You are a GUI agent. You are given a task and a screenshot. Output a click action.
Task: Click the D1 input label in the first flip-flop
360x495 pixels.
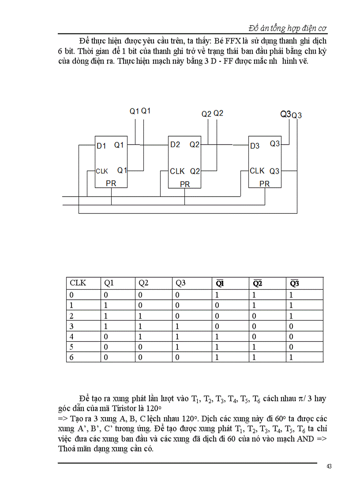coord(101,146)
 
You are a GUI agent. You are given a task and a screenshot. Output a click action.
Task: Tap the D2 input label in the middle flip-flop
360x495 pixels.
coord(175,145)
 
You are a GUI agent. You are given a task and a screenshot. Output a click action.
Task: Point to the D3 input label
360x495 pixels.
coord(255,146)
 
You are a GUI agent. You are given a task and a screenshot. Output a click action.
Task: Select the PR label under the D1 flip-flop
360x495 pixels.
coord(111,183)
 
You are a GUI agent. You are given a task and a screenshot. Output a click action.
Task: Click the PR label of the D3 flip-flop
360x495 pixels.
coord(264,184)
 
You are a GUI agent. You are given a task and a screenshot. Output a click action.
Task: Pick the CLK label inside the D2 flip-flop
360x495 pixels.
coord(177,171)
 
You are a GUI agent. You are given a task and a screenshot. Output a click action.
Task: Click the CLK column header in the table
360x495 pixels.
coord(78,283)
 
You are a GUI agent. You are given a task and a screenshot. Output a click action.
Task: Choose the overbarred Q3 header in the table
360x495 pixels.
coord(293,283)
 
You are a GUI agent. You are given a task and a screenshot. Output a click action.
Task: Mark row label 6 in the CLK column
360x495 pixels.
coord(72,357)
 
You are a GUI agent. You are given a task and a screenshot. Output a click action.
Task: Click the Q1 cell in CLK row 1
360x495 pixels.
coord(105,305)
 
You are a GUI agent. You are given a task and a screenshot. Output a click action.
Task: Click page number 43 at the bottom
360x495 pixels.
coord(329,467)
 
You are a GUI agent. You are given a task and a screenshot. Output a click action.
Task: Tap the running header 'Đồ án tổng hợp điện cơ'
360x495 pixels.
coord(287,28)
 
